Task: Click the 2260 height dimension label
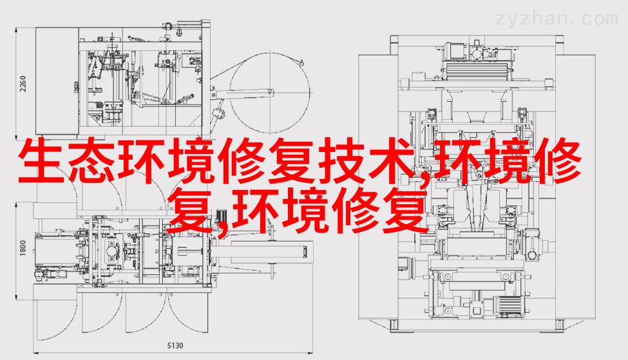tap(23, 83)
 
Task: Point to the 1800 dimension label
tap(23, 248)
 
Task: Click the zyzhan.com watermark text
tap(557, 19)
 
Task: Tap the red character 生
tap(41, 161)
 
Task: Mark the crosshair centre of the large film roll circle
tap(269, 93)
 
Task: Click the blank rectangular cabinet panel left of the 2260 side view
tap(57, 81)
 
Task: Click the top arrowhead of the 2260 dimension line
tap(16, 30)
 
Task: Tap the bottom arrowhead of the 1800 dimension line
tap(16, 298)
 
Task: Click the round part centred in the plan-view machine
tap(111, 251)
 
